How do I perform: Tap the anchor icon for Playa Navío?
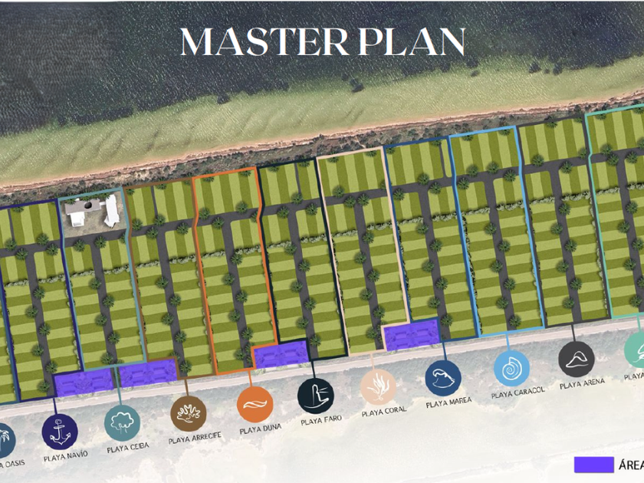pos(60,432)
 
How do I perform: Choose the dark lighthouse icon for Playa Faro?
pos(316,396)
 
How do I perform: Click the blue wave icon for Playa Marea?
pos(443,377)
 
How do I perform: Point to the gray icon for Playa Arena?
pos(577,359)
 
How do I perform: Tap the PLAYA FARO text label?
pos(322,421)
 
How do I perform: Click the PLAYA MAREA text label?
pos(449,402)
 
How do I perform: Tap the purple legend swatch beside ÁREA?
pos(593,465)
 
